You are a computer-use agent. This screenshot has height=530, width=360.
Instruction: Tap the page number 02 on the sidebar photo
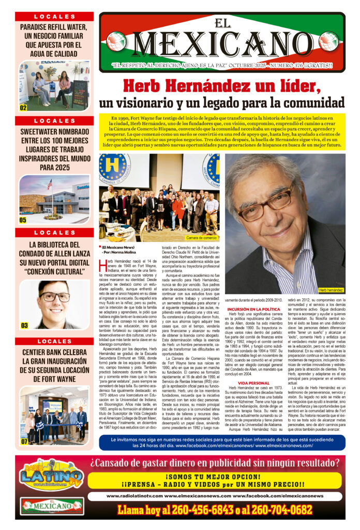[x=23, y=108]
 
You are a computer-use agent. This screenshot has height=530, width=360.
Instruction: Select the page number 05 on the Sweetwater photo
[x=23, y=219]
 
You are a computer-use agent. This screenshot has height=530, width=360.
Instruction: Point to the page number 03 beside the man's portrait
[x=24, y=325]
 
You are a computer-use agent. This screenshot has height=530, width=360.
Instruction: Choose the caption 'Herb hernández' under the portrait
[x=331, y=289]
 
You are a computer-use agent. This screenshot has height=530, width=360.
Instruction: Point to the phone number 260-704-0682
[x=282, y=510]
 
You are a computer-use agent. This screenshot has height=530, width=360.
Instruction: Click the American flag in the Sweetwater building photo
[x=50, y=184]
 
